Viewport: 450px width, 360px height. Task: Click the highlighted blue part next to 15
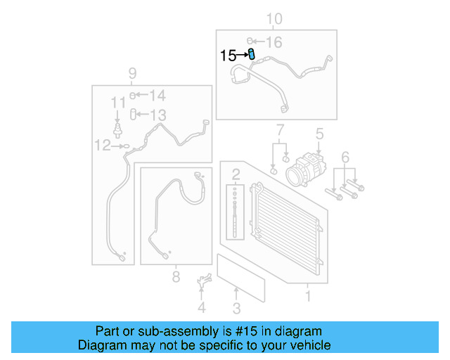[252, 55]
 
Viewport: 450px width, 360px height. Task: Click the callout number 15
[229, 56]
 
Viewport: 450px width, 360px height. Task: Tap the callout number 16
[274, 42]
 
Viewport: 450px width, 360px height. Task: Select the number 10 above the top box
[274, 19]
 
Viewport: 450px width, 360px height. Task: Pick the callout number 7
[280, 129]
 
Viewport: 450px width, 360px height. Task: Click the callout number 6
[345, 155]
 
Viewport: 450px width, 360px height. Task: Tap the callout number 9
[131, 73]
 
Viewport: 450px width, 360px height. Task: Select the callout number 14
[157, 96]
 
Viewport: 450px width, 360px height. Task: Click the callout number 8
[176, 277]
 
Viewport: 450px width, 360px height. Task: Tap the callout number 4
[201, 307]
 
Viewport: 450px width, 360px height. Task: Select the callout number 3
[236, 307]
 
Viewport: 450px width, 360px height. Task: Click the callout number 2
[236, 174]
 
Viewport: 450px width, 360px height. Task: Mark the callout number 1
[307, 296]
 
